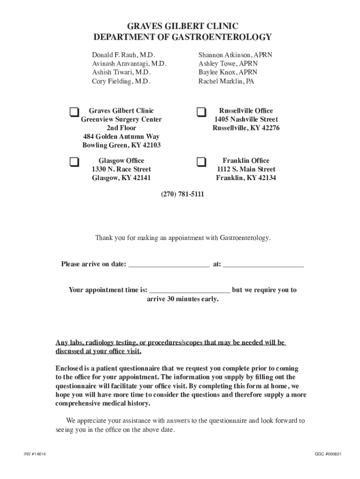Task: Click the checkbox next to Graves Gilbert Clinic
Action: (74, 112)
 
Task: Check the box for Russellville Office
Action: (201, 112)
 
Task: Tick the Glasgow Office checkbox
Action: (74, 162)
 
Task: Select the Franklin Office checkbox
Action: (201, 162)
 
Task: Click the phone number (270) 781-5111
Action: (182, 194)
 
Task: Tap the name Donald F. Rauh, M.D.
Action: (123, 55)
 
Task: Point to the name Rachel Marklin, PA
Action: (226, 81)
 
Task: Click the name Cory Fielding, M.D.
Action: (121, 81)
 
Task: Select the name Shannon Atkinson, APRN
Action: (235, 55)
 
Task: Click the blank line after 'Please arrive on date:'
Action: (168, 264)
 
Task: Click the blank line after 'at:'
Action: (263, 264)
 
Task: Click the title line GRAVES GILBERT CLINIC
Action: (182, 26)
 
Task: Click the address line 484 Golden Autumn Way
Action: (121, 137)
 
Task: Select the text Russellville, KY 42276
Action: (246, 128)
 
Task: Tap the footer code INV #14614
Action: (35, 454)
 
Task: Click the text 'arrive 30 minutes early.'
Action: (182, 299)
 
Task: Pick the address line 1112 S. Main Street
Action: (246, 169)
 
